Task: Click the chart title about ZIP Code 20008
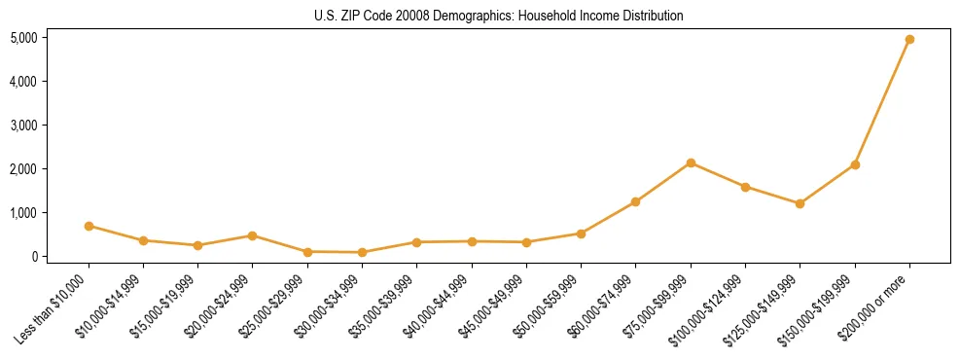(499, 16)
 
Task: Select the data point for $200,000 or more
(909, 40)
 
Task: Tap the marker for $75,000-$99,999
(691, 162)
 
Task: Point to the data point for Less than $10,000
(89, 226)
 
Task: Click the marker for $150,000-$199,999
(855, 164)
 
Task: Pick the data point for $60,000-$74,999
(636, 201)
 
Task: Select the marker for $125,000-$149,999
(800, 203)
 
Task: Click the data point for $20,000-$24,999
(253, 235)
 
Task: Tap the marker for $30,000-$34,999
(362, 252)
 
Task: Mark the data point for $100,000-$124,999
(745, 187)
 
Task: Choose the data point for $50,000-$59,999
(581, 234)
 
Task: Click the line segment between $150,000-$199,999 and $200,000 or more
(882, 102)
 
